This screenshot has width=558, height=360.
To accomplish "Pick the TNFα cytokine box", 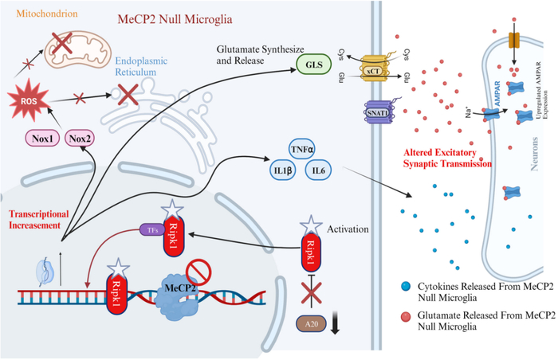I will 302,149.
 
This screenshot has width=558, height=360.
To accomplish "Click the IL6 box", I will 320,170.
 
